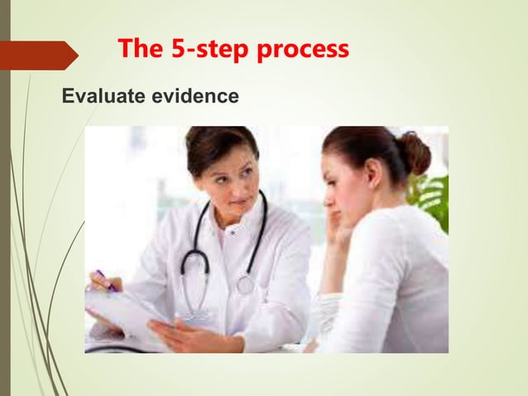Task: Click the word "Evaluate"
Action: [104, 98]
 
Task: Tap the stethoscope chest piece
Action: [245, 284]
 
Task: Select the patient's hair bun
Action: [413, 152]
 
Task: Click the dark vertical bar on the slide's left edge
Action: [4, 199]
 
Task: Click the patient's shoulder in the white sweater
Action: [406, 240]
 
